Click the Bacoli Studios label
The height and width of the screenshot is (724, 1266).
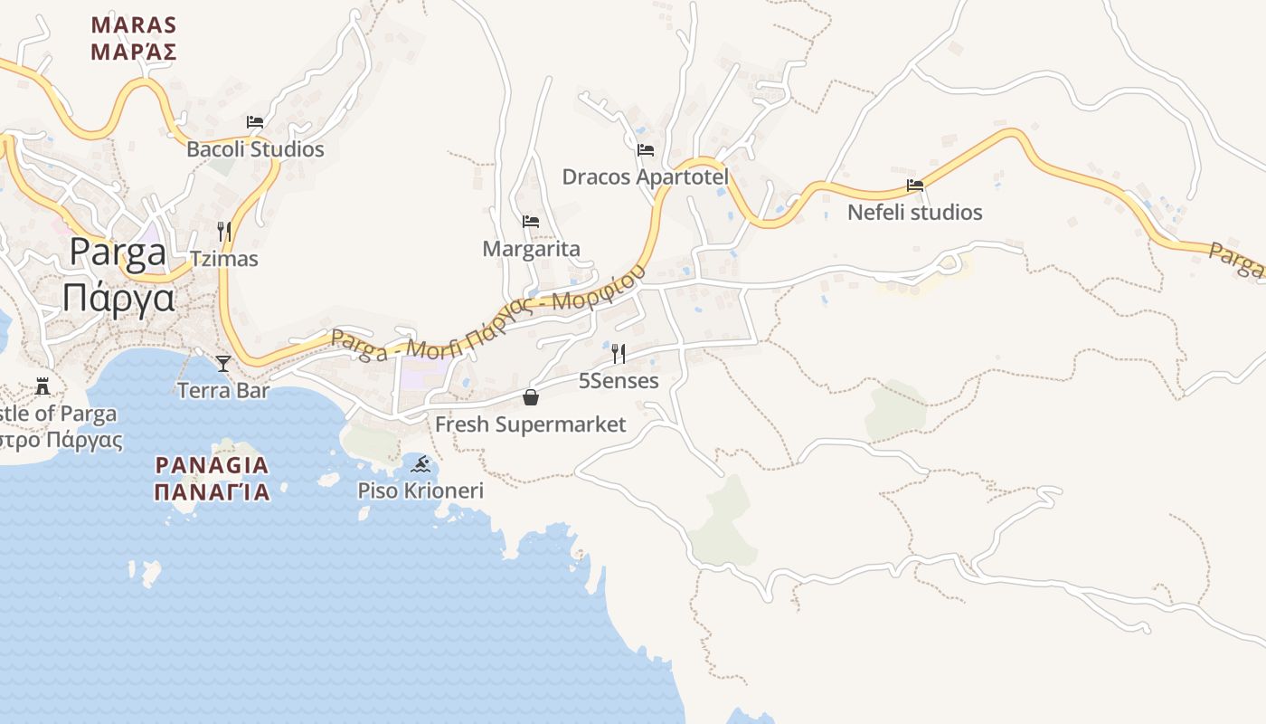(x=255, y=149)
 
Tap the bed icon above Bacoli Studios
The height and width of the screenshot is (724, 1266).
(x=255, y=122)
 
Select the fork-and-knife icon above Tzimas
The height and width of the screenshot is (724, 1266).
(x=224, y=232)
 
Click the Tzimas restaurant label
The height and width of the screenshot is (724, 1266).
(x=224, y=259)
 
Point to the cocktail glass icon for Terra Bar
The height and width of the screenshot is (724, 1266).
(x=223, y=364)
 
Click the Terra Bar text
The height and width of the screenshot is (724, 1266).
(x=223, y=391)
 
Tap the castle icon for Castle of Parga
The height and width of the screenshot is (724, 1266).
(x=43, y=387)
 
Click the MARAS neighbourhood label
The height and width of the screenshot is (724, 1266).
(x=134, y=24)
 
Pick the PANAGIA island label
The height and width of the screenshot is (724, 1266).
(x=213, y=466)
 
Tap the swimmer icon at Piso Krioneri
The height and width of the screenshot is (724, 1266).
(x=420, y=465)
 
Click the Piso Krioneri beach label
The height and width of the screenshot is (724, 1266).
(x=420, y=491)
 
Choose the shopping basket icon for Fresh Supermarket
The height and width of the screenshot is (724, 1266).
(x=531, y=397)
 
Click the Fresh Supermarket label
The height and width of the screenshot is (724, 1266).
(x=531, y=424)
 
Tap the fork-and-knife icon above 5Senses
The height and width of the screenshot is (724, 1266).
(x=619, y=353)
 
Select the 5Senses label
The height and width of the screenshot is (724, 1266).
(x=619, y=381)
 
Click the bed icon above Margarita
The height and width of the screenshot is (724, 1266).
(x=531, y=222)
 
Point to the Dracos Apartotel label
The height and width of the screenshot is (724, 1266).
(x=646, y=176)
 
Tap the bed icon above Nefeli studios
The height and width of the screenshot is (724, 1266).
(x=915, y=186)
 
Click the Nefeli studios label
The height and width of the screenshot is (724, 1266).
(x=915, y=213)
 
